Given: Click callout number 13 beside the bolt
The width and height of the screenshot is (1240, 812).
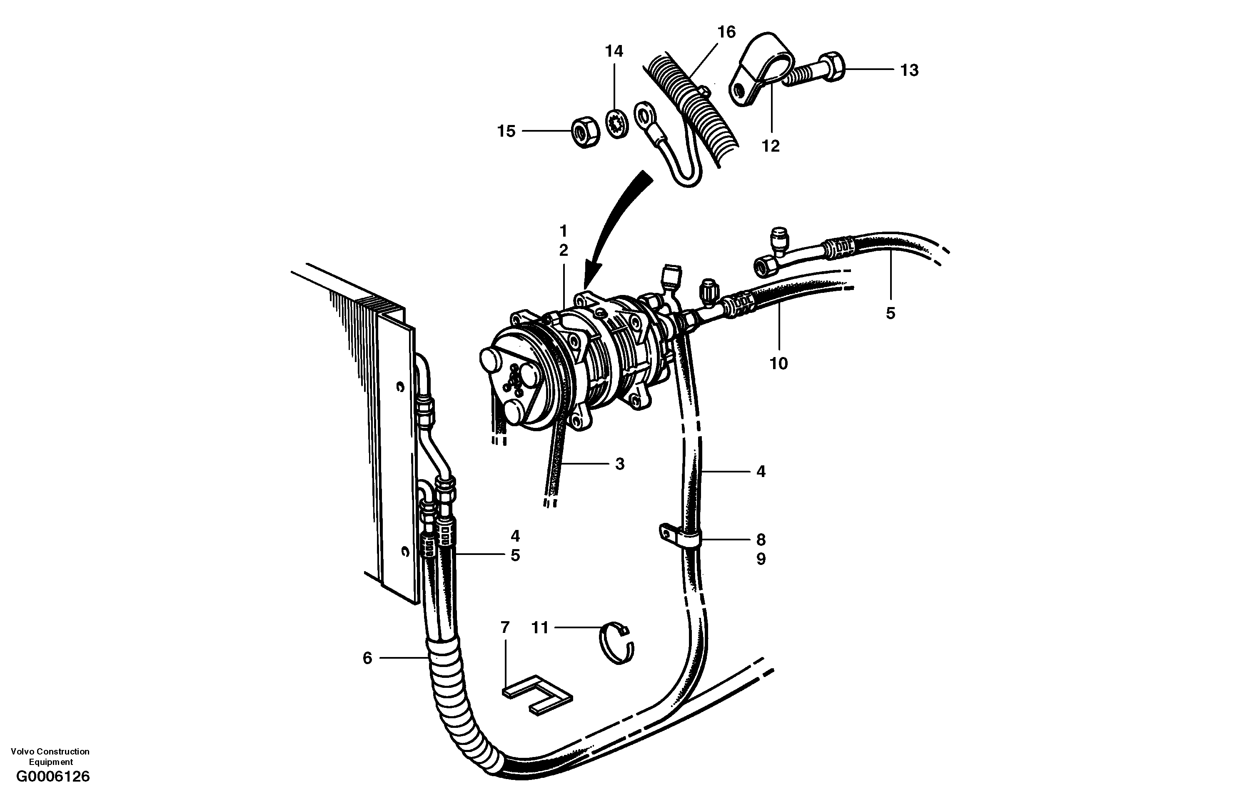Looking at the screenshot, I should pos(909,70).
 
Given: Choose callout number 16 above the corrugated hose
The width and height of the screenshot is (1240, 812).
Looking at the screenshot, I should pos(726,32).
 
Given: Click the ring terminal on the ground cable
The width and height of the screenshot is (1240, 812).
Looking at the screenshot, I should pos(644,115).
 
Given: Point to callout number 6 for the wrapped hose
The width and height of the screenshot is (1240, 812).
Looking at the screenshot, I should pos(367,658).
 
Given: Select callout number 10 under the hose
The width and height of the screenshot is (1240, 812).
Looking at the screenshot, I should pos(778,364).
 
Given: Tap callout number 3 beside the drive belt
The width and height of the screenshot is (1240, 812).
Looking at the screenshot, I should pos(619,464).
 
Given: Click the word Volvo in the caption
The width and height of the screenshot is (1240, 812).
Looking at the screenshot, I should pos(21,752).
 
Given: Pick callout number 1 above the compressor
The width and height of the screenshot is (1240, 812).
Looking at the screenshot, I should pos(563,231).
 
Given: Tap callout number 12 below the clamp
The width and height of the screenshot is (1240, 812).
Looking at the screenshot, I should pos(771,147).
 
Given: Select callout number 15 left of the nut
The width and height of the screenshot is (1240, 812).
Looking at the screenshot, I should pos(506,131).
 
